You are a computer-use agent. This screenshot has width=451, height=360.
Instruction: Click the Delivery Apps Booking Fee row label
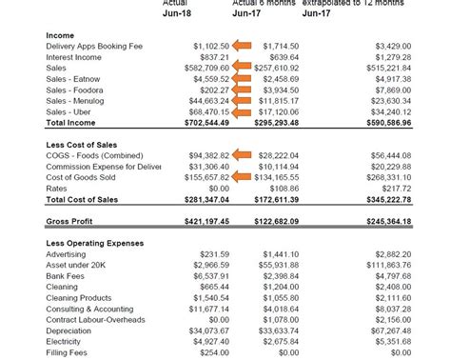[x=94, y=46]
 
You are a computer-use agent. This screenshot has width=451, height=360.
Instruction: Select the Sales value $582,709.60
[x=199, y=68]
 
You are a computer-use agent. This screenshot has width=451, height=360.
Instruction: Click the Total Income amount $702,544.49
[x=199, y=123]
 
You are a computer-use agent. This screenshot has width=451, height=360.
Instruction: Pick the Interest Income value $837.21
[x=209, y=56]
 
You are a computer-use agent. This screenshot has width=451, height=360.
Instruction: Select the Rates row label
[x=57, y=190]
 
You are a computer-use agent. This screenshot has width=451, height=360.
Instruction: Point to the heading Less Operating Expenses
[x=96, y=243]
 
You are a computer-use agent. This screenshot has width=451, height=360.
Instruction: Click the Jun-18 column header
[x=177, y=14]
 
